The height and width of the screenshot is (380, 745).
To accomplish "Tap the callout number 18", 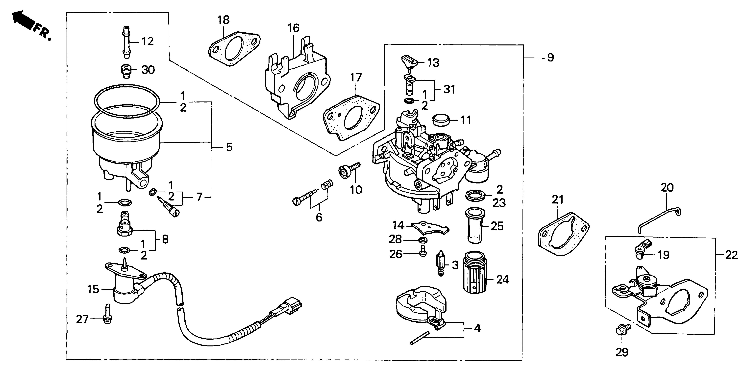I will (x=224, y=20).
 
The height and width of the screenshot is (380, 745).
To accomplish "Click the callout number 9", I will (x=550, y=58).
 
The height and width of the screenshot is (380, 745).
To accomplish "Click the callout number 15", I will (x=93, y=289).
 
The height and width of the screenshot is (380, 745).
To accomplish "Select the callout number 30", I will (x=148, y=70).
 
